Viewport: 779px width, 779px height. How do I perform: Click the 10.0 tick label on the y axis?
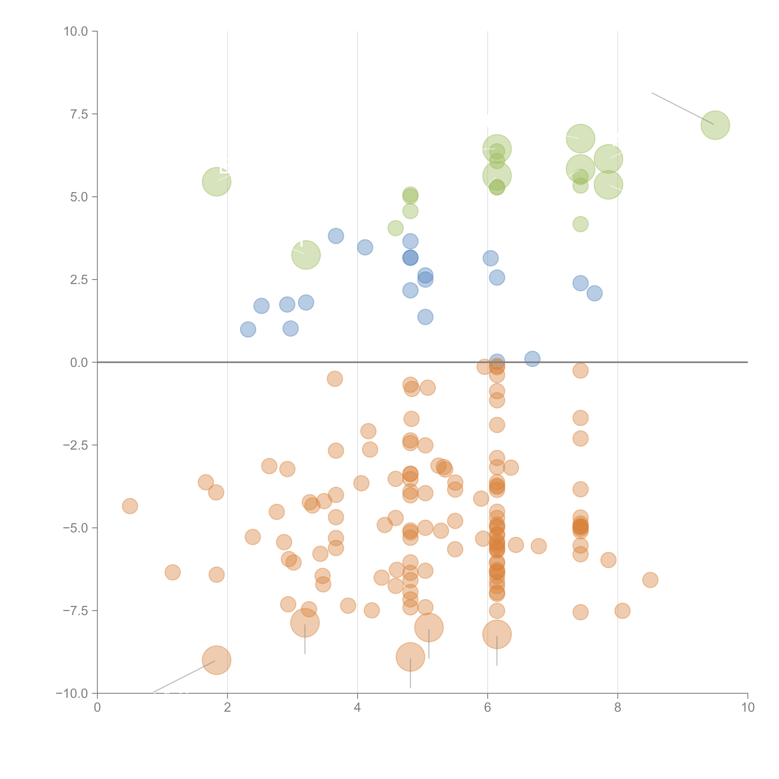[x=76, y=31]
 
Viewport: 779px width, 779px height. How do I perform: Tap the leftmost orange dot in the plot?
[x=130, y=506]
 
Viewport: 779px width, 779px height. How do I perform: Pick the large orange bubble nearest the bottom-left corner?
[x=217, y=660]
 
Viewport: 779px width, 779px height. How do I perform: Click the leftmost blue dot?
[x=248, y=329]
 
